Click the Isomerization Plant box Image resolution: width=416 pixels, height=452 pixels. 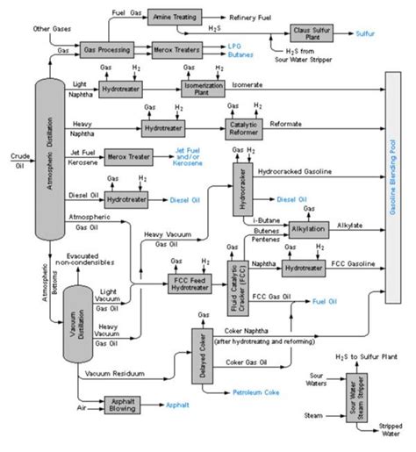[203, 90]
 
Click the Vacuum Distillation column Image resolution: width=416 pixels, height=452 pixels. [75, 324]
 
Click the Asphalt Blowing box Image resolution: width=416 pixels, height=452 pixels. [124, 402]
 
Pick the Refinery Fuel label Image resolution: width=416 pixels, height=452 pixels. [255, 17]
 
